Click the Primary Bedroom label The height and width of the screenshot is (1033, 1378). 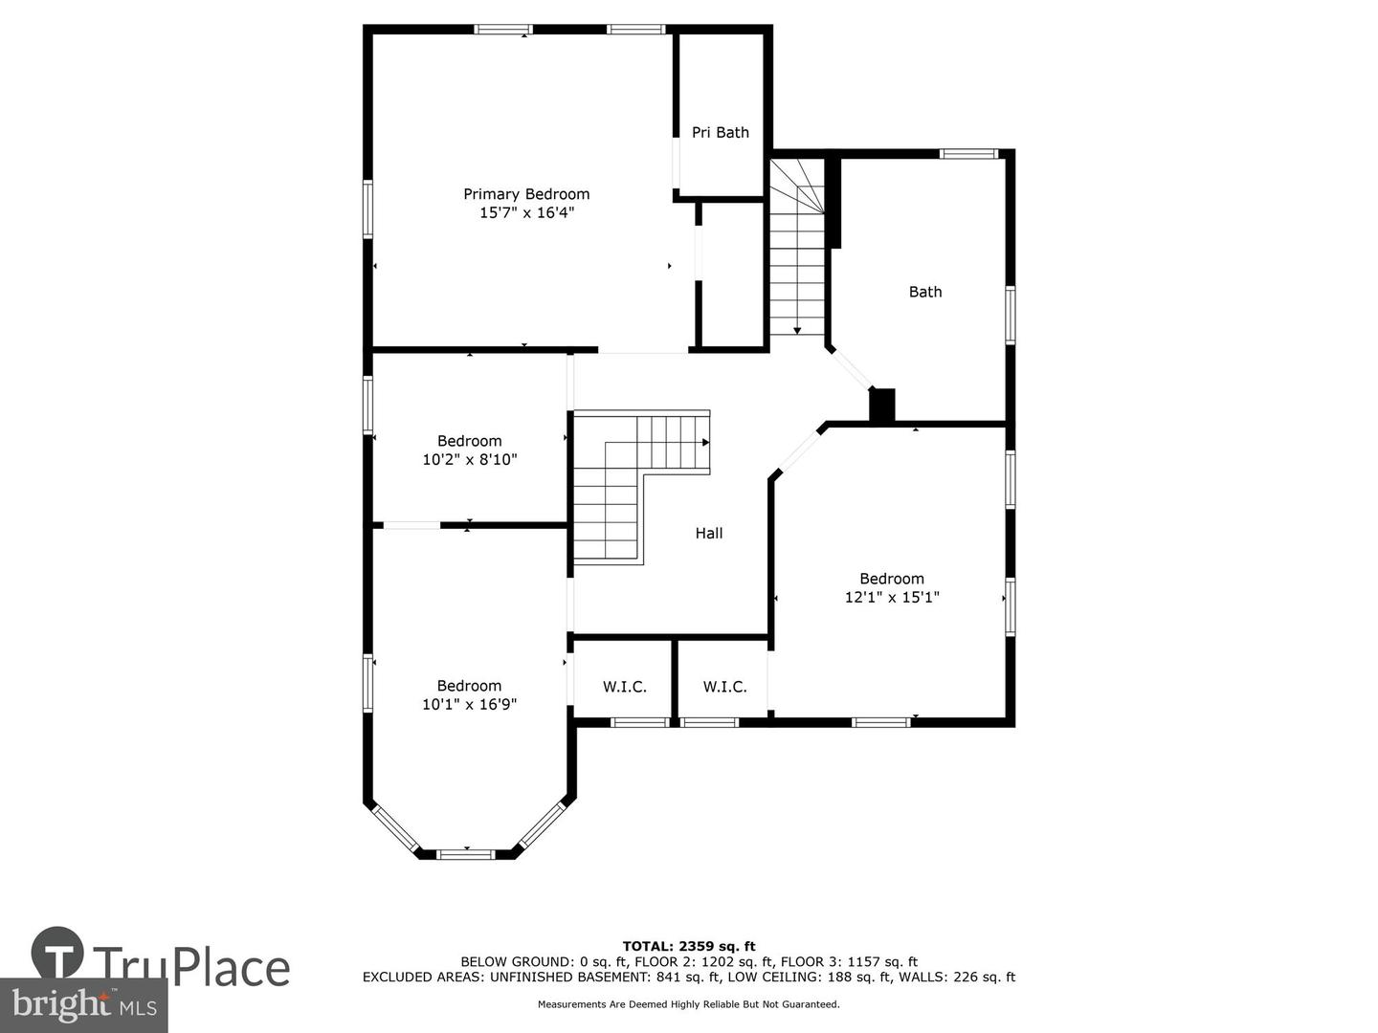tap(526, 194)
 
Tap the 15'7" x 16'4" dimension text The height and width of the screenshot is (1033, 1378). tap(526, 212)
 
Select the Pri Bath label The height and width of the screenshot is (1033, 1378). tap(720, 132)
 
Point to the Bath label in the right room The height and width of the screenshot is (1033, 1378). tap(924, 292)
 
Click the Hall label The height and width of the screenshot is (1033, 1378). tap(709, 533)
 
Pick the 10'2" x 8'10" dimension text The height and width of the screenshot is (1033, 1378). tap(470, 460)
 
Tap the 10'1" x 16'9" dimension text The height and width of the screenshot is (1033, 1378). tap(469, 704)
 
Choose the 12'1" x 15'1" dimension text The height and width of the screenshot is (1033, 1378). tap(892, 597)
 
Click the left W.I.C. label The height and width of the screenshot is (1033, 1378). tap(625, 687)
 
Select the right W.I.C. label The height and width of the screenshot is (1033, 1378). tap(725, 687)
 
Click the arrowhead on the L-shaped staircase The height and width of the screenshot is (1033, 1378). tap(705, 442)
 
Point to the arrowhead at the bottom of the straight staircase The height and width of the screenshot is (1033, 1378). tap(797, 331)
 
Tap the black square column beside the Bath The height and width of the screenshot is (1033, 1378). tap(881, 405)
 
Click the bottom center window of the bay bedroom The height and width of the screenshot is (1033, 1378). tap(466, 853)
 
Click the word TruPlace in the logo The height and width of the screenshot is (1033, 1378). tap(191, 968)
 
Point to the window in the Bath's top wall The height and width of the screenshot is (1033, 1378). tap(968, 154)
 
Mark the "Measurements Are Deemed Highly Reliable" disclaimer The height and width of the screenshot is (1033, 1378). tap(689, 1004)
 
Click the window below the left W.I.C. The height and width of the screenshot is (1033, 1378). tap(640, 722)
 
